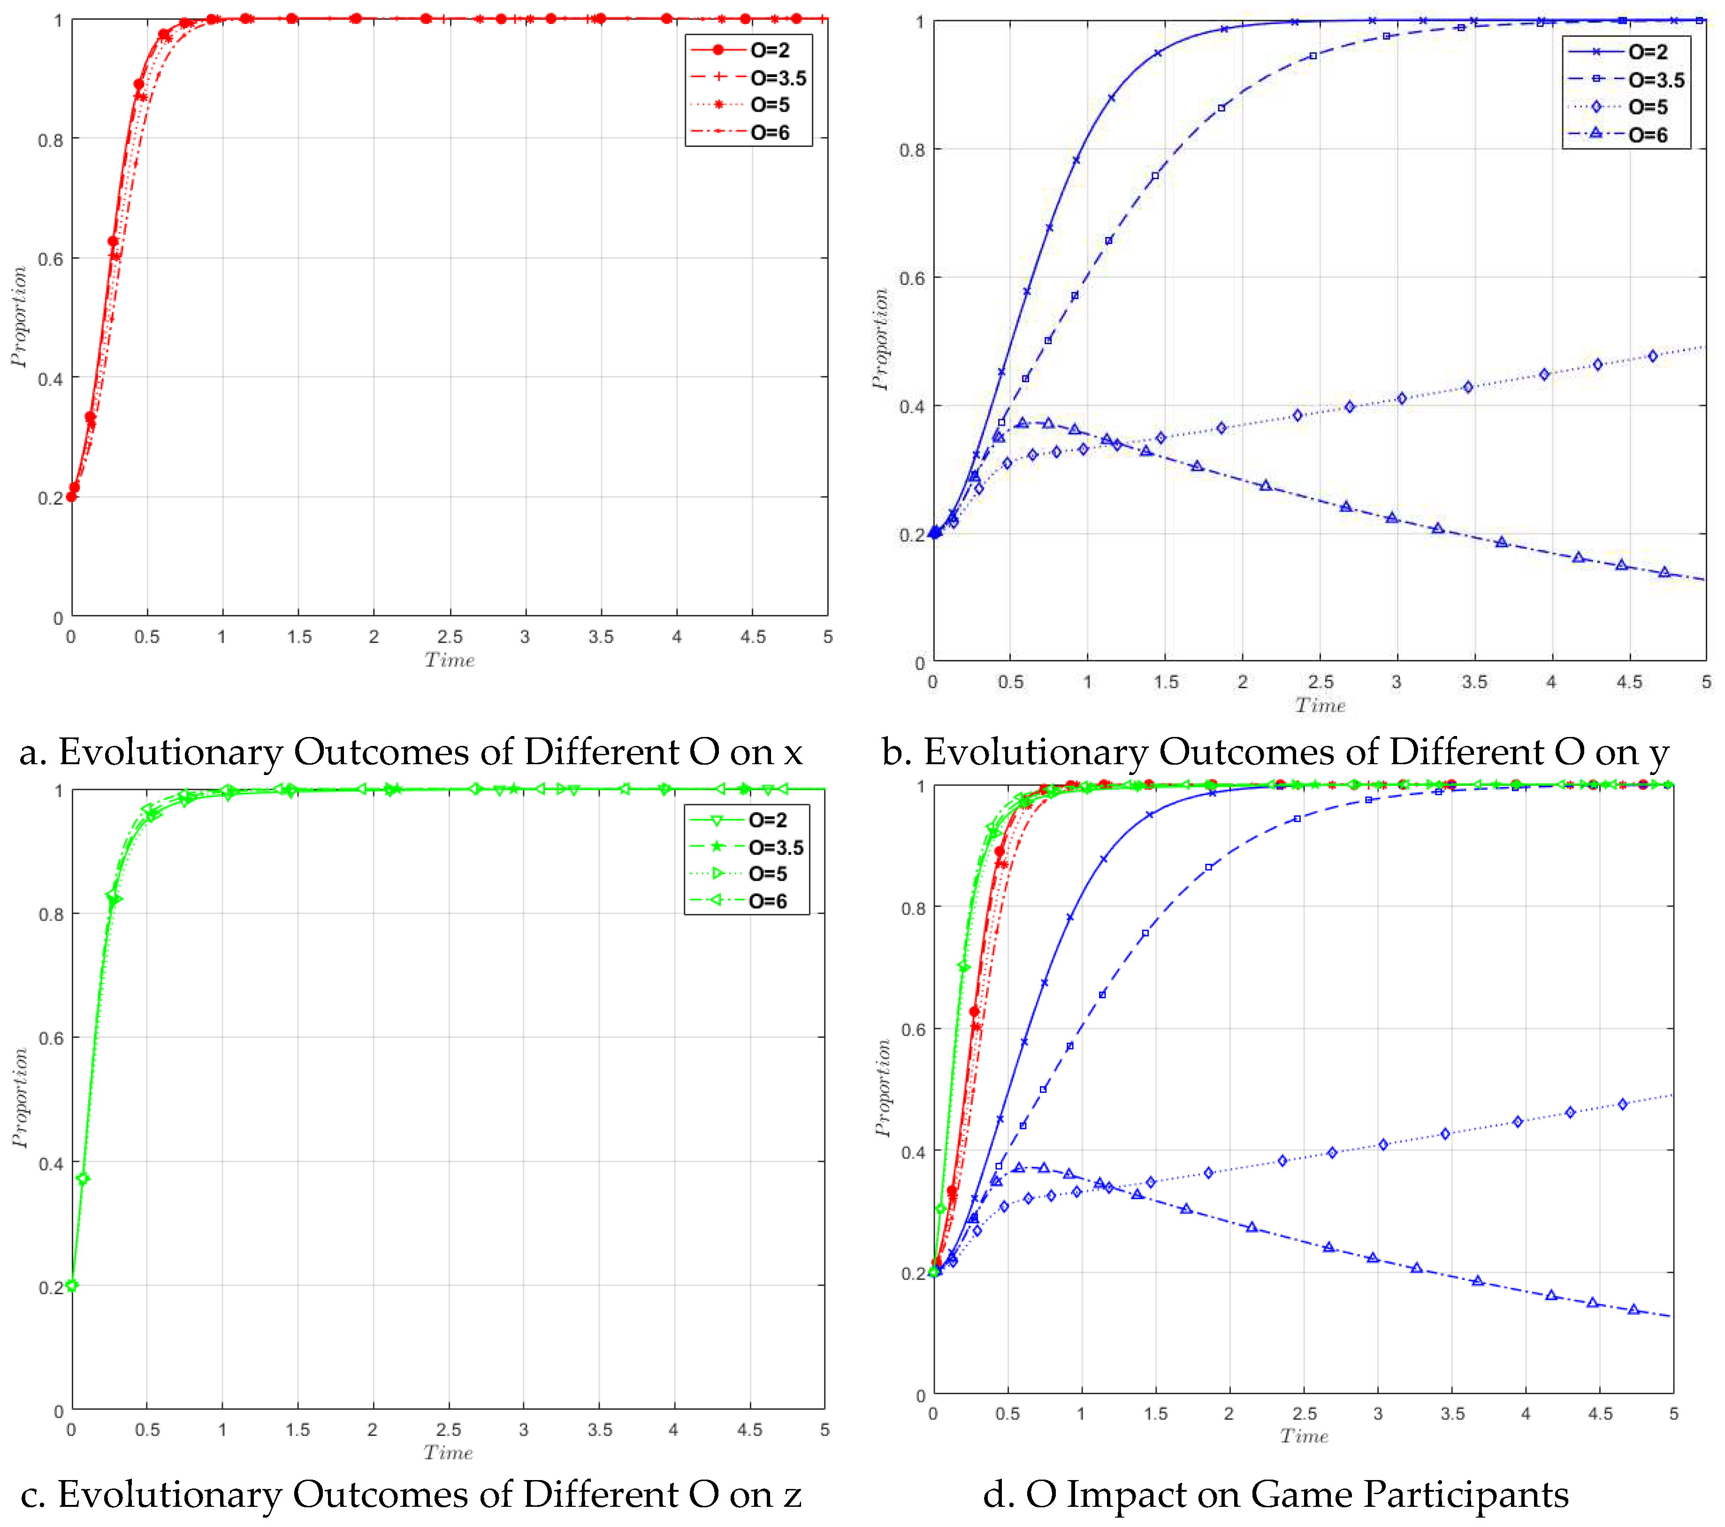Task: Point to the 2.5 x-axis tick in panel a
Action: [450, 637]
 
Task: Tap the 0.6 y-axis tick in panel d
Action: [913, 1030]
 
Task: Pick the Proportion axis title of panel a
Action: [19, 316]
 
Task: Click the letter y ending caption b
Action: [1658, 753]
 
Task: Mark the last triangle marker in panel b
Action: [1664, 572]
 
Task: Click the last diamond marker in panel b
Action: [1652, 355]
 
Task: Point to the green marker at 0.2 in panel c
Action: [72, 1286]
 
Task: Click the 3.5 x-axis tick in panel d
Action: [1452, 1414]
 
